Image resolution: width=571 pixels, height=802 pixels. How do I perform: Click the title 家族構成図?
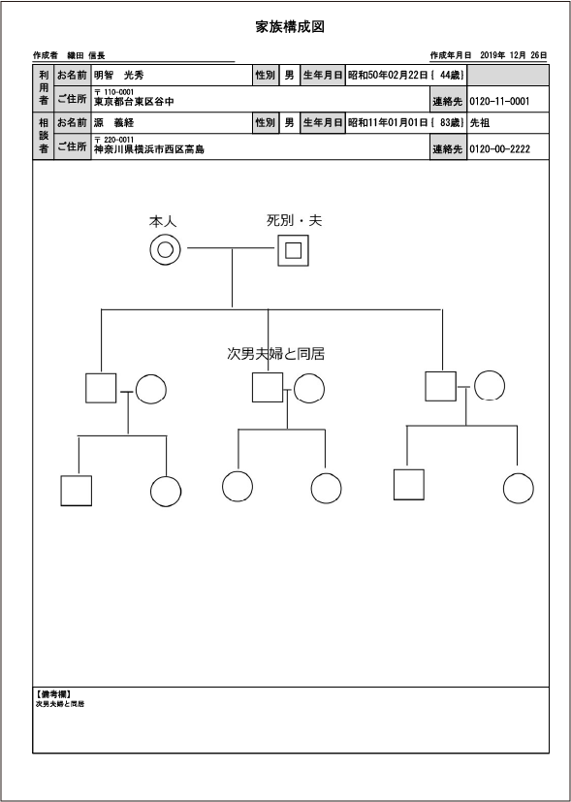coord(290,27)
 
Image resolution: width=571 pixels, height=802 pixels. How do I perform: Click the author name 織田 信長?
coord(86,55)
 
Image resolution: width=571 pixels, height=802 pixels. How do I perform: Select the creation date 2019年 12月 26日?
coord(514,55)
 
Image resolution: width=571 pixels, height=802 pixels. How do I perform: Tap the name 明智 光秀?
coord(118,76)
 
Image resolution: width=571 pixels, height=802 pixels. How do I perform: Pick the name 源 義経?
coord(113,123)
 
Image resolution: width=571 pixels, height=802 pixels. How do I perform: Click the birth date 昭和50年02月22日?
coord(388,76)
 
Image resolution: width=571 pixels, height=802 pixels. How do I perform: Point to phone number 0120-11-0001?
coord(499,101)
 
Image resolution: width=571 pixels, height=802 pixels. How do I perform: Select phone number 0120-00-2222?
coord(499,148)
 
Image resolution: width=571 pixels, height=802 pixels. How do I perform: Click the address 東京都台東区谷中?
coord(134,101)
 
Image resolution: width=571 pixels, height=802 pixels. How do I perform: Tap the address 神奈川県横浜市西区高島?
coord(149,148)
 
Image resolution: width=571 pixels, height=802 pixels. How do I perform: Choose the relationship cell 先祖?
coord(480,123)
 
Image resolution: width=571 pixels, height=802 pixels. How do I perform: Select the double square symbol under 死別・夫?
coord(293,250)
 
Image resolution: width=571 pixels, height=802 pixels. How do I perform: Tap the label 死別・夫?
coord(295,220)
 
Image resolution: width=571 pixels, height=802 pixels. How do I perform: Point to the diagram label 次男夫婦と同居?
coord(276,353)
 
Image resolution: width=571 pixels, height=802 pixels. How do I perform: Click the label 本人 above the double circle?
coord(163,221)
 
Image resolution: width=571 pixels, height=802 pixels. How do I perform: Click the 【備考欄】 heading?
coord(52,694)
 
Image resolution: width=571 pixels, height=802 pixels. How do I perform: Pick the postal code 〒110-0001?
coord(114,92)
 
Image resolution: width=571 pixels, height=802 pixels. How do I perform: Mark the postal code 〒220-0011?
coord(114,140)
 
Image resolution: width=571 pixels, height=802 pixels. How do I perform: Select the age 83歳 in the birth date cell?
coord(452,123)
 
